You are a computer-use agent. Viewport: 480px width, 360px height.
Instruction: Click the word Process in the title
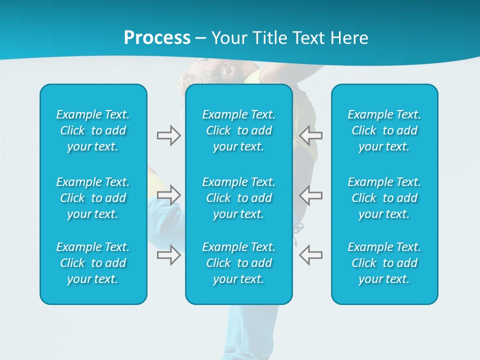(157, 38)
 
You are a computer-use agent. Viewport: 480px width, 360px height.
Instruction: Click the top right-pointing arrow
(168, 135)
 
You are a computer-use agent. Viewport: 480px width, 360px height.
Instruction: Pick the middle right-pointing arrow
(168, 195)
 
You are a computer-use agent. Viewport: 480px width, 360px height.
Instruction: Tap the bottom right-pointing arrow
(168, 254)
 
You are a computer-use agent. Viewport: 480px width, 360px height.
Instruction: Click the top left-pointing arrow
(311, 135)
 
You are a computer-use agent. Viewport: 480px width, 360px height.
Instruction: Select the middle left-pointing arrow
(311, 195)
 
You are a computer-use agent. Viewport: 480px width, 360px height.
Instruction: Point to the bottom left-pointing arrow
(311, 254)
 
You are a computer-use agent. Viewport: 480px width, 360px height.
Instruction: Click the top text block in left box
(93, 130)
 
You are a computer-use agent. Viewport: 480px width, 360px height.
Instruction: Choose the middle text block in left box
(93, 198)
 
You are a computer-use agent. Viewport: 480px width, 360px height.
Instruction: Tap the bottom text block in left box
(93, 263)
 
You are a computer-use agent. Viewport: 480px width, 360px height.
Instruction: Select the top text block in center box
(239, 130)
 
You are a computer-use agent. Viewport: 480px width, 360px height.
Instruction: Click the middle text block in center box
(239, 198)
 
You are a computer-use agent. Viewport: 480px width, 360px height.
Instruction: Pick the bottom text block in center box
(239, 263)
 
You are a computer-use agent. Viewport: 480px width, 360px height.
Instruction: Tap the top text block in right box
(384, 130)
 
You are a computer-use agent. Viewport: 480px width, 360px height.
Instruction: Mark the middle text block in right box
(384, 198)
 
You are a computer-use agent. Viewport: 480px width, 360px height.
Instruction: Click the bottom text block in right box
(384, 263)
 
